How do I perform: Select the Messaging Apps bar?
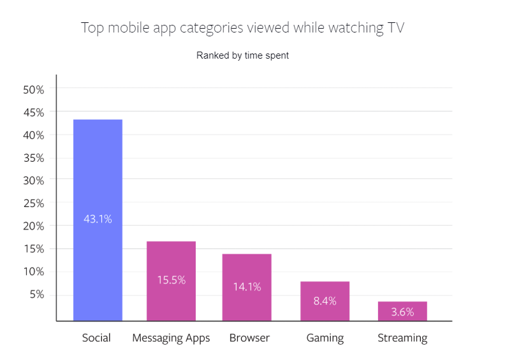[171, 255]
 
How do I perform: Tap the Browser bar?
[246, 268]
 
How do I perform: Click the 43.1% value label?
[98, 219]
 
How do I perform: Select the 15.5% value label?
[171, 280]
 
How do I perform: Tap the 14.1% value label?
[246, 287]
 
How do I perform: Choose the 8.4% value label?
[325, 301]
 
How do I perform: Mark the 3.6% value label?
[402, 312]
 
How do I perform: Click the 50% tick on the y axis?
[33, 90]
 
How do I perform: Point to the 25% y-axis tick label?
[33, 203]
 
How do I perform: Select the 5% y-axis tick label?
[36, 294]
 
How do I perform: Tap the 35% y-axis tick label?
[33, 158]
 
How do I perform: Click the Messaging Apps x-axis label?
[171, 338]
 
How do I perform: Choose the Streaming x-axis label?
[402, 338]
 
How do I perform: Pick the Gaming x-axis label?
[325, 338]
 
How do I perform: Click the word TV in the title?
[393, 28]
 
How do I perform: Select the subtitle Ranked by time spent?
[242, 55]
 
